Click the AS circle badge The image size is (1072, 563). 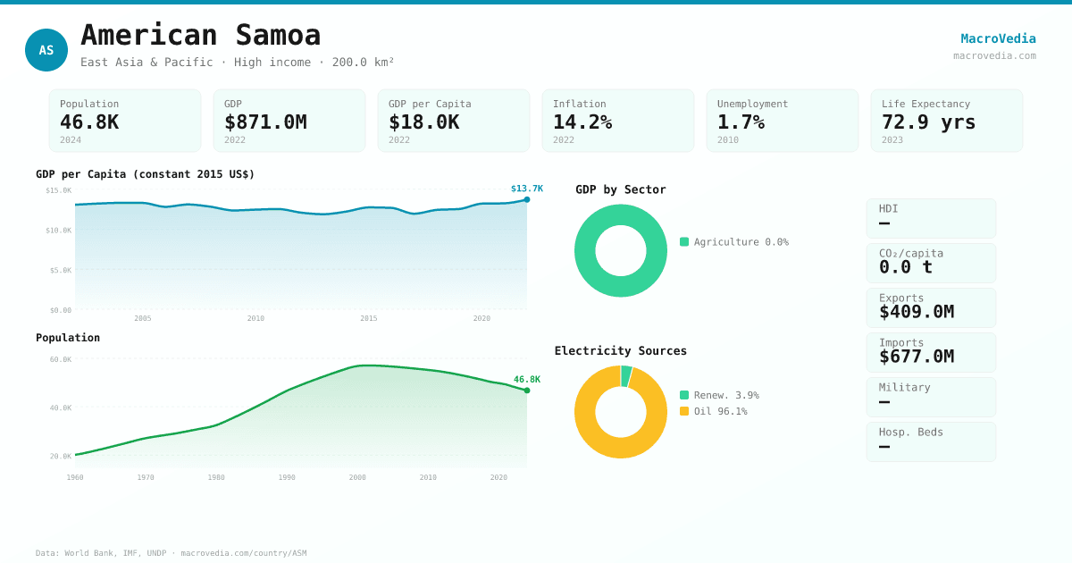(x=46, y=50)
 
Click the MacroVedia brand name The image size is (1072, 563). (x=998, y=38)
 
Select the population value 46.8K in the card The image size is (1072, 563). (x=89, y=122)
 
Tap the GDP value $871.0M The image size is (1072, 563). (x=265, y=122)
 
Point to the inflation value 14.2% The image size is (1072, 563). (x=582, y=122)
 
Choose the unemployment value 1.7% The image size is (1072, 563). (x=741, y=122)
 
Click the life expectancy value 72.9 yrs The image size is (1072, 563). (x=928, y=122)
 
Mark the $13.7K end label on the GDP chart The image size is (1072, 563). (x=527, y=189)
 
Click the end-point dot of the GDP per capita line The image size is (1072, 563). (x=527, y=199)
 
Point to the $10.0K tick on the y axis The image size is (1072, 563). (x=59, y=231)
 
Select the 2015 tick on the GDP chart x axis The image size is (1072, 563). (x=369, y=318)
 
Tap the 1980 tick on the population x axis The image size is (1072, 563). (x=216, y=477)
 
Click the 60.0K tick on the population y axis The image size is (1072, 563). (x=61, y=359)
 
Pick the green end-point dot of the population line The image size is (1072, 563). (x=527, y=391)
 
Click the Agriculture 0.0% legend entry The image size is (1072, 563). (x=733, y=242)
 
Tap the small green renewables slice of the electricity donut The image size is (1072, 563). (x=626, y=375)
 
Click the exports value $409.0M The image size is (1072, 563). (x=916, y=312)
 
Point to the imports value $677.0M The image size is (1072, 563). (x=916, y=357)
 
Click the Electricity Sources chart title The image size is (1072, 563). (x=621, y=351)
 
